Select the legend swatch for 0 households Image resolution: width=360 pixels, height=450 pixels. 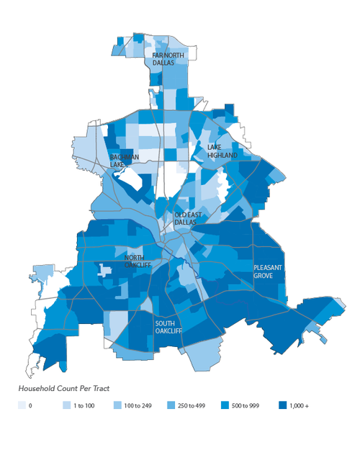[x=22, y=405]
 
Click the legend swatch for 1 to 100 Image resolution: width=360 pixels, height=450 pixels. [x=66, y=405]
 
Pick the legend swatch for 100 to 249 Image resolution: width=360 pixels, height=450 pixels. [x=117, y=405]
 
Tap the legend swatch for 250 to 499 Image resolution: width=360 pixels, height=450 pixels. [x=171, y=405]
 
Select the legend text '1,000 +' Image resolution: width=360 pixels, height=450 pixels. [x=299, y=406]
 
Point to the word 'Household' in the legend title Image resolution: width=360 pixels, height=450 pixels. [x=37, y=388]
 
